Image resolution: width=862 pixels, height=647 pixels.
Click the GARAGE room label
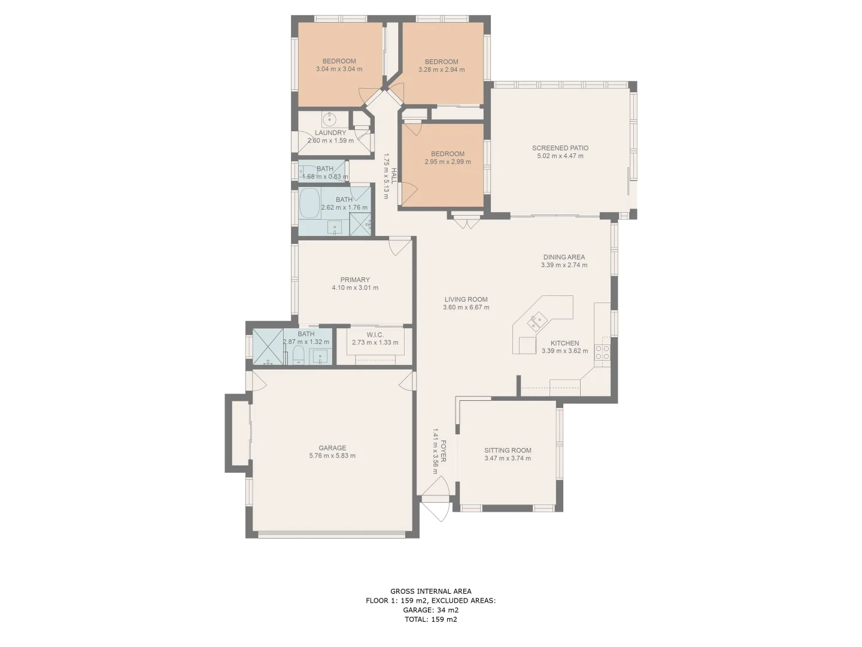(x=332, y=448)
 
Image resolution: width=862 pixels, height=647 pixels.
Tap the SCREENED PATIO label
(x=560, y=148)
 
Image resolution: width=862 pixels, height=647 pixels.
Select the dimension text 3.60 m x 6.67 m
(x=466, y=307)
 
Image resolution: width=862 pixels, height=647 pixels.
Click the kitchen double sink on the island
(x=536, y=322)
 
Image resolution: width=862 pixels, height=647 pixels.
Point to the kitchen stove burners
(x=602, y=352)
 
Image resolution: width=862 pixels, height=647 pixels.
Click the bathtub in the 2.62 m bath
(x=309, y=204)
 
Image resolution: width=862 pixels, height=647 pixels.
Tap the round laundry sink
(x=330, y=118)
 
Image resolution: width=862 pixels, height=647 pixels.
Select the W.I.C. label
(x=375, y=335)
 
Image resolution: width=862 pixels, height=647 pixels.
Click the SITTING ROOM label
(x=508, y=451)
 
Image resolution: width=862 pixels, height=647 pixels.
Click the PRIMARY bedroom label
(x=355, y=280)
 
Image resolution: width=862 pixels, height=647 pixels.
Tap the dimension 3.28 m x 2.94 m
(x=442, y=69)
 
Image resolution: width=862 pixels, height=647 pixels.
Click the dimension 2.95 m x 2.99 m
(x=448, y=162)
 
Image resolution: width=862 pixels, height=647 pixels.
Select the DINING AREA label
(x=564, y=257)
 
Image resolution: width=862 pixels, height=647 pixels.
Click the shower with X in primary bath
(x=267, y=347)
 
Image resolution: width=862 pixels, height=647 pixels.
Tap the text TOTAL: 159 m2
(x=431, y=619)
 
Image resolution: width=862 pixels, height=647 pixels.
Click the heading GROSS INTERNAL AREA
(x=431, y=591)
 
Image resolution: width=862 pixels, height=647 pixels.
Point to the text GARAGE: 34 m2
(x=431, y=610)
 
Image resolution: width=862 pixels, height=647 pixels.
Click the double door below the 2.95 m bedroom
(x=466, y=222)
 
